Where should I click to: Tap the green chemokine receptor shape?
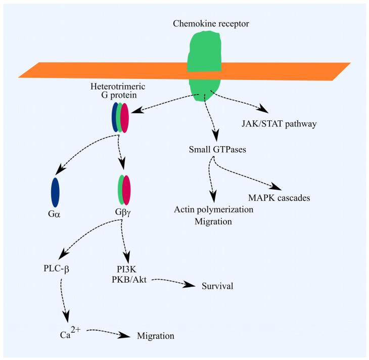pyautogui.click(x=205, y=56)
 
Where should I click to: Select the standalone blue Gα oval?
pyautogui.click(x=56, y=192)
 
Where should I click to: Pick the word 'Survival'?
pyautogui.click(x=217, y=286)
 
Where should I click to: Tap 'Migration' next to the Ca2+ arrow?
pyautogui.click(x=156, y=335)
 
